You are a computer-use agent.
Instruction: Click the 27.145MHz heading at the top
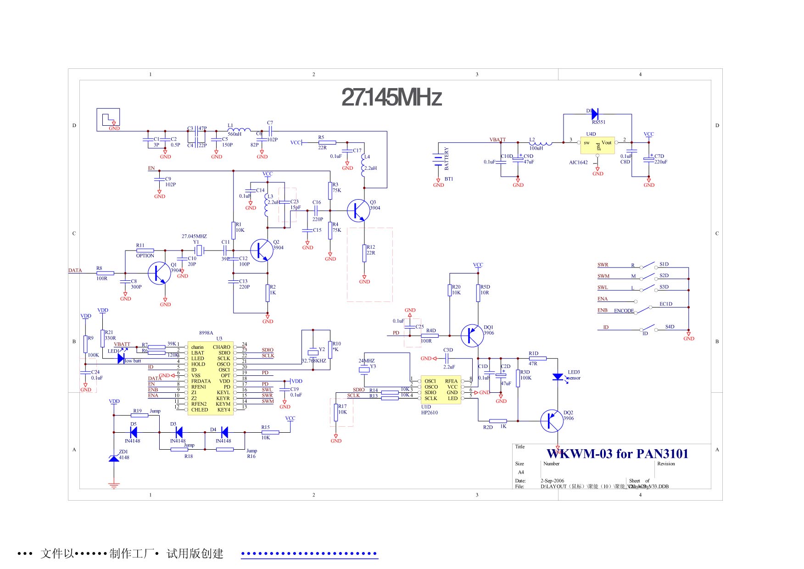pos(391,97)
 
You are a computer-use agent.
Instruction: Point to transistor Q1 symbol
pos(159,273)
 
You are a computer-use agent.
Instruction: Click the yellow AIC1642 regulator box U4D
pos(597,145)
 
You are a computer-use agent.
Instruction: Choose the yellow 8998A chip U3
pos(210,378)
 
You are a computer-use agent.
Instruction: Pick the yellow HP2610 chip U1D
pos(441,390)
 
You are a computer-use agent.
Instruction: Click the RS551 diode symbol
pos(595,113)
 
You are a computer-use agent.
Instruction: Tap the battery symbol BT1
pos(438,160)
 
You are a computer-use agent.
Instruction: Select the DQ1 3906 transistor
pos(471,335)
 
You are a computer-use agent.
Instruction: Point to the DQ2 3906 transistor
pos(551,421)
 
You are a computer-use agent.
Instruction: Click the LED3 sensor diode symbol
pos(558,377)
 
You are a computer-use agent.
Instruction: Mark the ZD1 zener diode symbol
pos(114,458)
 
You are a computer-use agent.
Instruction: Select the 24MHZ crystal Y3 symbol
pos(364,370)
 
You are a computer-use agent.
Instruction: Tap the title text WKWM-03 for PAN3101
pos(617,454)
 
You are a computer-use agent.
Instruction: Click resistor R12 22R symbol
pos(364,253)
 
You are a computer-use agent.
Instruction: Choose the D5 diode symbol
pos(134,432)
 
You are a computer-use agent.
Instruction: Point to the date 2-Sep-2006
pos(552,481)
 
